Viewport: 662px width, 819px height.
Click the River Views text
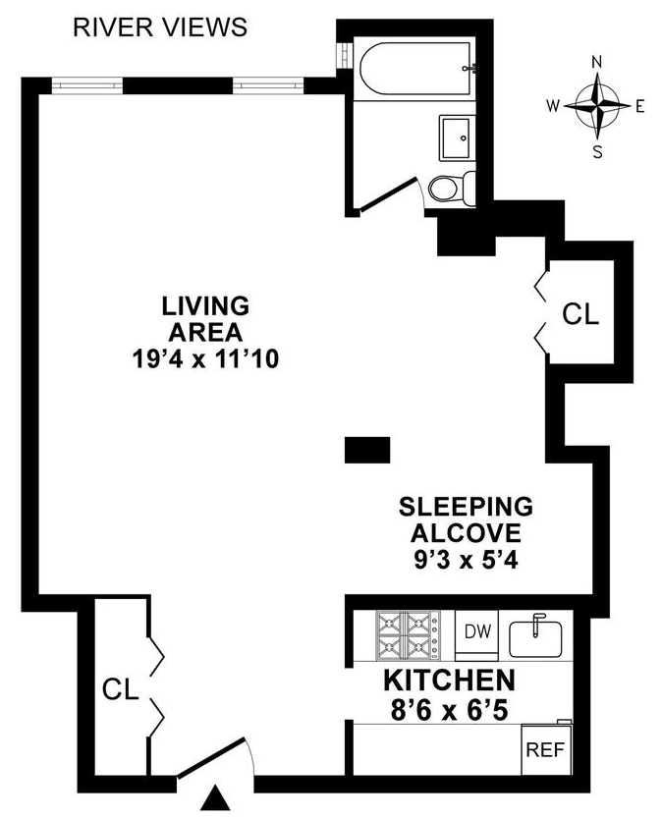point(160,27)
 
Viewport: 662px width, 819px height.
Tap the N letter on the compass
point(596,62)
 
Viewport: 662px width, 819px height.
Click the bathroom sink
point(458,136)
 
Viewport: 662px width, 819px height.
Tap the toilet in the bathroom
point(454,187)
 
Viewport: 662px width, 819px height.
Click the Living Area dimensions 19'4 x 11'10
point(206,359)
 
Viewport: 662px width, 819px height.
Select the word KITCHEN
point(448,680)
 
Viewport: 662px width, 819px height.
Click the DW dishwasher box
point(478,630)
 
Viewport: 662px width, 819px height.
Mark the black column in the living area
point(367,450)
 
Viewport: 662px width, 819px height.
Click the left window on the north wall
point(86,85)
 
